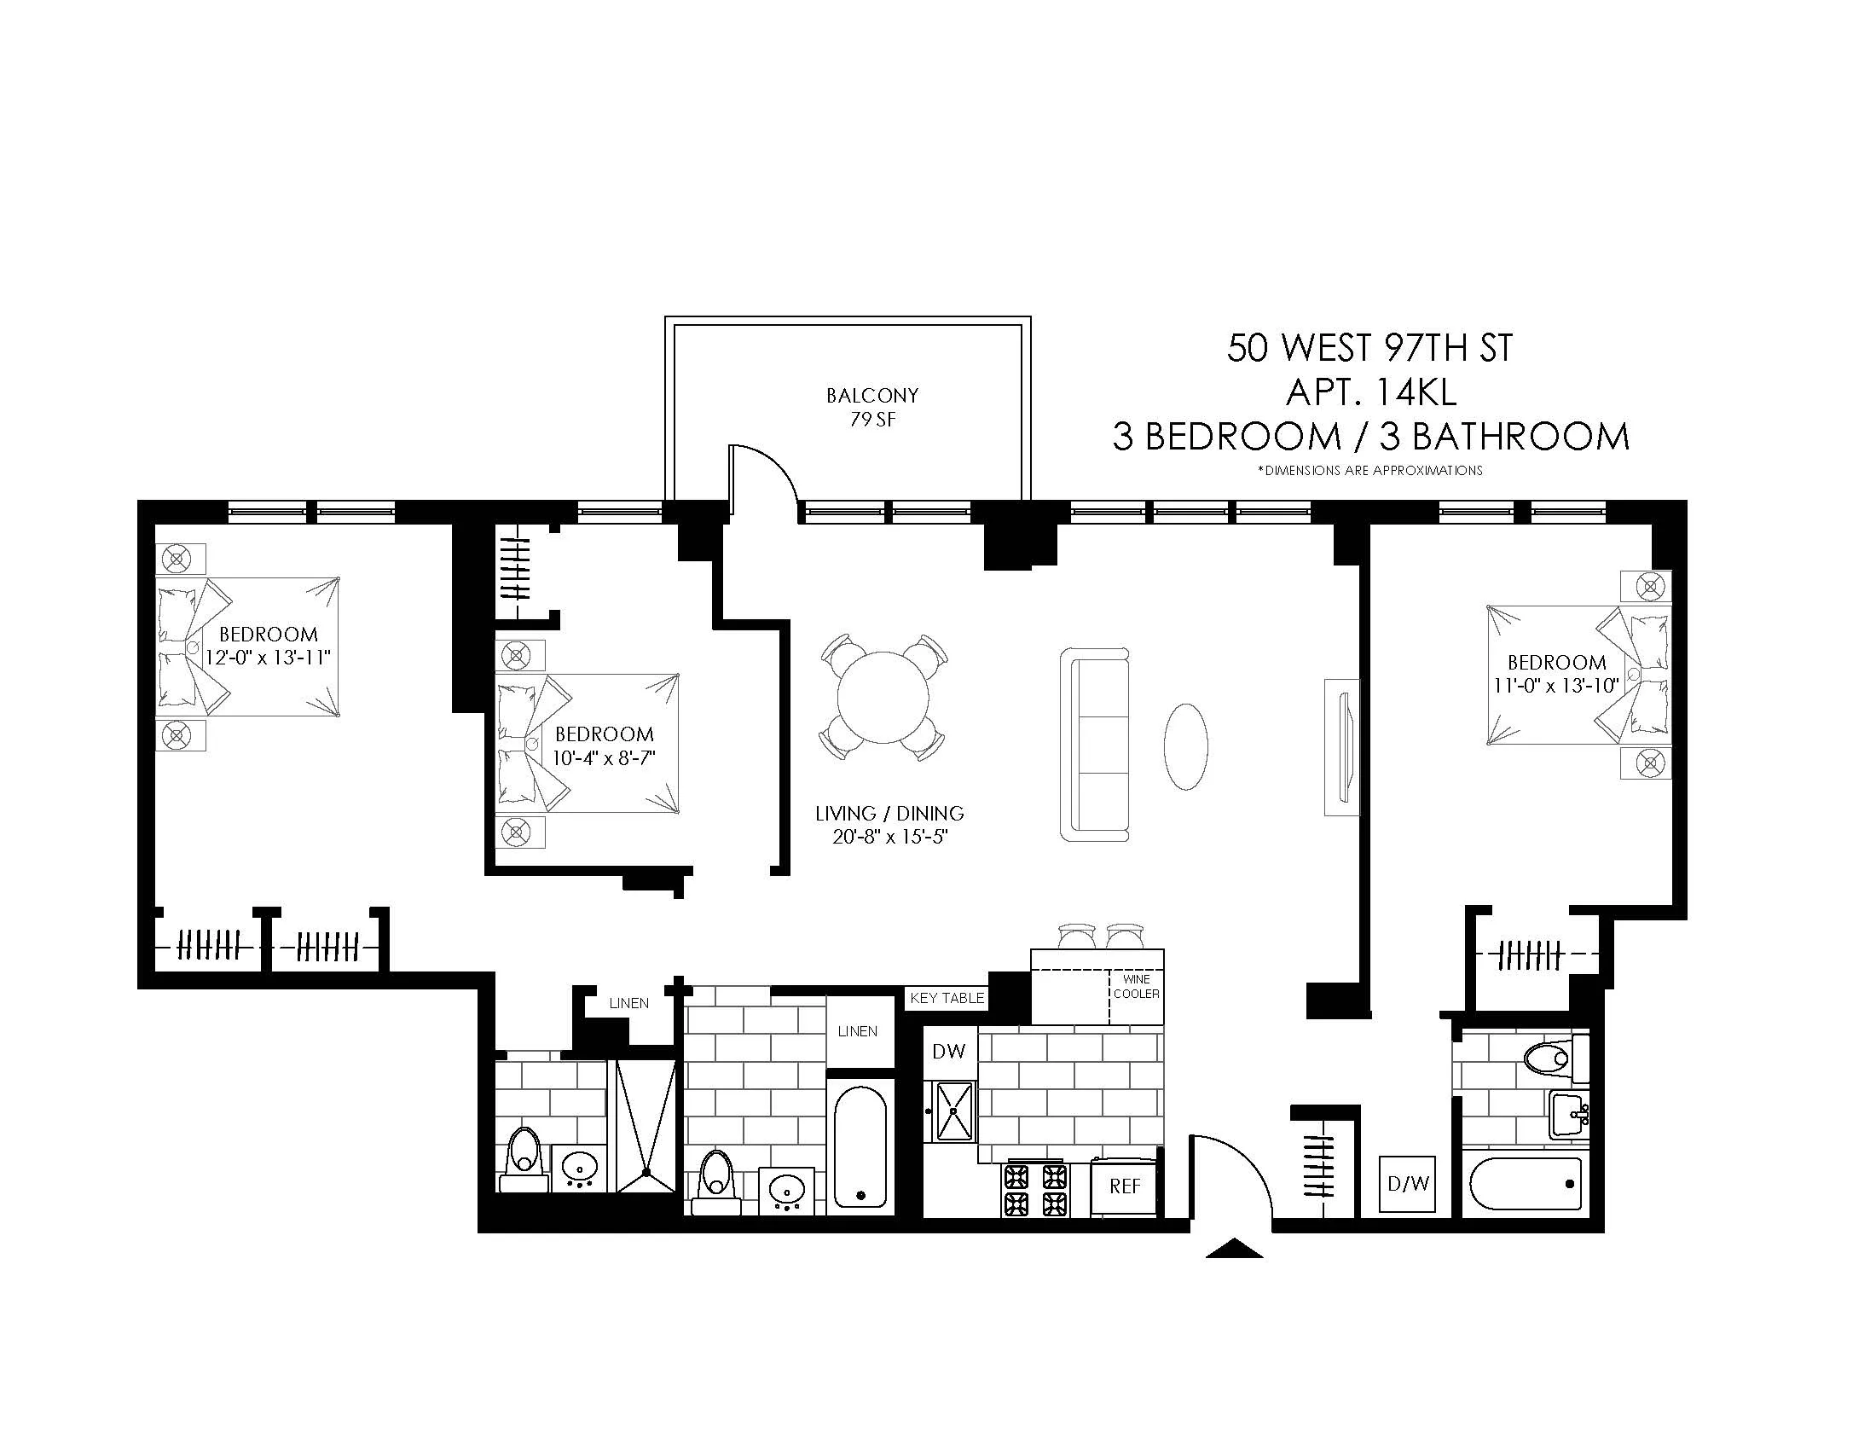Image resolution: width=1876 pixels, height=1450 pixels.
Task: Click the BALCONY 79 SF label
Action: tap(871, 407)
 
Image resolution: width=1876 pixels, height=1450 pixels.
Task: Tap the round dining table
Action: tap(883, 697)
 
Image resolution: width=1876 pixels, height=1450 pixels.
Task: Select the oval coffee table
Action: tap(1185, 745)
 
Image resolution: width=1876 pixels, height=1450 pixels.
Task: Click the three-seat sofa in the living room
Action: tap(1094, 744)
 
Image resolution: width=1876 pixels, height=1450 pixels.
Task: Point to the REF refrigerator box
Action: tap(1125, 1186)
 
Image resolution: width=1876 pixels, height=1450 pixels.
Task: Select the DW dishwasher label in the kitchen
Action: tap(948, 1051)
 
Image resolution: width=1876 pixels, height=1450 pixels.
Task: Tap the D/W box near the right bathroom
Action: tap(1407, 1184)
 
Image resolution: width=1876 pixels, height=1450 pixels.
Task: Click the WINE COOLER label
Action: tap(1136, 987)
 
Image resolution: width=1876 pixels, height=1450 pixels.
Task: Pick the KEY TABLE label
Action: tap(947, 998)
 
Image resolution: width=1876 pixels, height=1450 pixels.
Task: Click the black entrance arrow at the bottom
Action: tap(1234, 1249)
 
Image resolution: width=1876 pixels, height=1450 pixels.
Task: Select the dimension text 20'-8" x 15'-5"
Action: tap(889, 837)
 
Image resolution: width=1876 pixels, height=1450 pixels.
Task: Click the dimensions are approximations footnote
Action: tap(1369, 471)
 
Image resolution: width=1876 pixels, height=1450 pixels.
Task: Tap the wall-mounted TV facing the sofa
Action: tap(1341, 745)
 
